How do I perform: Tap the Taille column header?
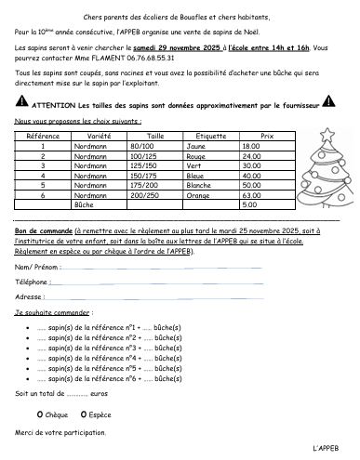pyautogui.click(x=154, y=136)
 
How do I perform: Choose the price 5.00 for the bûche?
pyautogui.click(x=249, y=204)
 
